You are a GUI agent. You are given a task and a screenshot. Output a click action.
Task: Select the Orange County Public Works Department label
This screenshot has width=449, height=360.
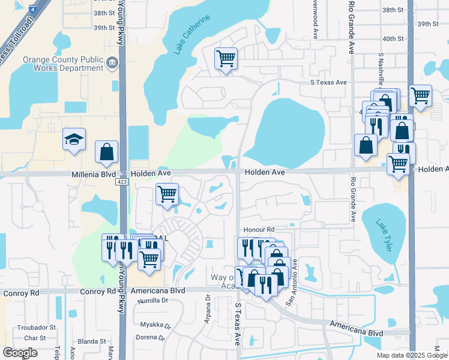[x=63, y=64]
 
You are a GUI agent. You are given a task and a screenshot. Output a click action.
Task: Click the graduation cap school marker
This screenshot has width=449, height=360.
[x=75, y=140]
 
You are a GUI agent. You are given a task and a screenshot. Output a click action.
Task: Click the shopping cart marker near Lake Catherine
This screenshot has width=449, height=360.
[x=226, y=59]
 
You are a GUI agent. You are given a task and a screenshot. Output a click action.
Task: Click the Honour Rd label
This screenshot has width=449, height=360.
[x=259, y=230]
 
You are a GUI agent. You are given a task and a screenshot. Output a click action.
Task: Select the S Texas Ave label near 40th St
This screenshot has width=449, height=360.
[x=328, y=82]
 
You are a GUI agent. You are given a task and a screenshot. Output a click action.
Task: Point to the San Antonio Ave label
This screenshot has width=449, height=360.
[x=291, y=283]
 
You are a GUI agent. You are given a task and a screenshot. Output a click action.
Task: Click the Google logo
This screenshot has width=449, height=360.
[x=20, y=353]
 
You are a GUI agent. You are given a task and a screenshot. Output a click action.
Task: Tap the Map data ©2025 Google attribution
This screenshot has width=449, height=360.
[x=411, y=355]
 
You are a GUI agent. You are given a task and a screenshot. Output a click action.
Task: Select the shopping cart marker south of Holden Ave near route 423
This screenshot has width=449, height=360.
[x=167, y=194]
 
